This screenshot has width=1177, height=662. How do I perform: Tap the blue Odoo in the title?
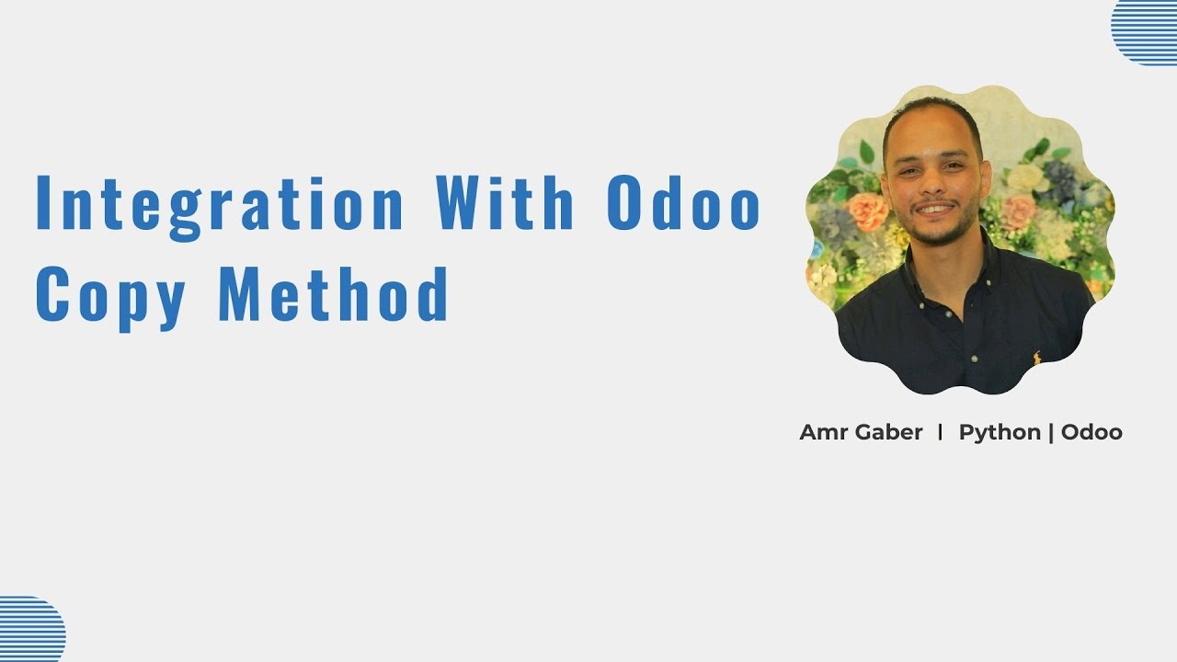pyautogui.click(x=683, y=202)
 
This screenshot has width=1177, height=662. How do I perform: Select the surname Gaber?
pyautogui.click(x=888, y=432)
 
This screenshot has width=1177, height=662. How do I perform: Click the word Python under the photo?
pyautogui.click(x=1000, y=433)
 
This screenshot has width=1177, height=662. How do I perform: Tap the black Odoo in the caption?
pyautogui.click(x=1091, y=432)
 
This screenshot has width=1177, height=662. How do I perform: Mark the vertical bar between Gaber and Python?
pyautogui.click(x=940, y=432)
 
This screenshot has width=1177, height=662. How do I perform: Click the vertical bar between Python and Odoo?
pyautogui.click(x=1051, y=433)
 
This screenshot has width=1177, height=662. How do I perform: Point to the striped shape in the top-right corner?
pyautogui.click(x=1145, y=32)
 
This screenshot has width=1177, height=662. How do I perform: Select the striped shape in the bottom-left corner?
pyautogui.click(x=32, y=629)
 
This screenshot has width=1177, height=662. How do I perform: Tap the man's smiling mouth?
pyautogui.click(x=933, y=209)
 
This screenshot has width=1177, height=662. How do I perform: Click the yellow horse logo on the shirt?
pyautogui.click(x=1037, y=359)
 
